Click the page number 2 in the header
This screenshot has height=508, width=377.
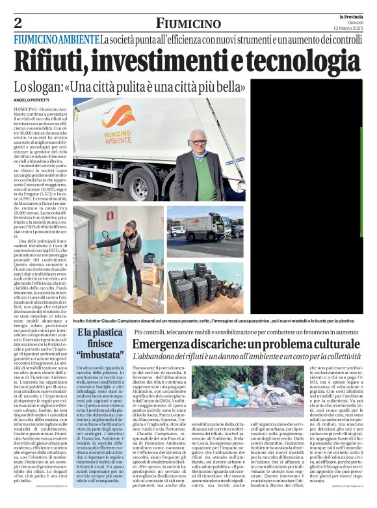(18, 23)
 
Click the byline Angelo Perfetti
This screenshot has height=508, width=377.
(31, 100)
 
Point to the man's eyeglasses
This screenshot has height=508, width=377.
(196, 141)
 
